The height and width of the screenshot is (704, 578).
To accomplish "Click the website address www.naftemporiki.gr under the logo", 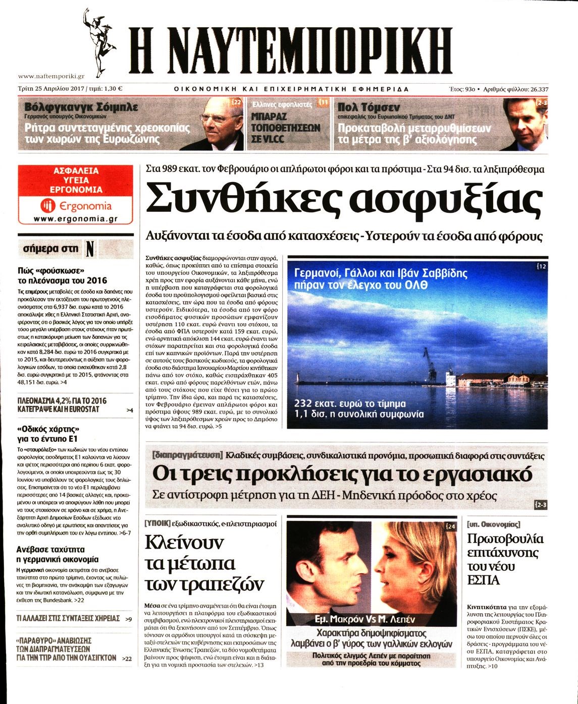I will [x=51, y=76].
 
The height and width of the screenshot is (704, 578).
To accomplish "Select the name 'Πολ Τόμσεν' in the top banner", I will [x=369, y=107].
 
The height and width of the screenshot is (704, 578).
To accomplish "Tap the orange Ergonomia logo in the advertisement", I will [x=76, y=206].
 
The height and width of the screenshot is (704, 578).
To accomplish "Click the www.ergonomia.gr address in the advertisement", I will [x=76, y=219].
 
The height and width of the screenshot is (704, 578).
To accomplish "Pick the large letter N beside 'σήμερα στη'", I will [x=90, y=249].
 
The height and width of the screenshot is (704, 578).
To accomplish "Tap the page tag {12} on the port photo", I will [x=542, y=266].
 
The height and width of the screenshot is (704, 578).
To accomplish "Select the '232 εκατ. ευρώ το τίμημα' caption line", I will [x=350, y=404].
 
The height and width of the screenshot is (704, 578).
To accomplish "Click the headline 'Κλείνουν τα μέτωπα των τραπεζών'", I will [x=204, y=563].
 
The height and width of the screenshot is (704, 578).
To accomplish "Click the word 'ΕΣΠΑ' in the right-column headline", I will [x=484, y=580].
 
